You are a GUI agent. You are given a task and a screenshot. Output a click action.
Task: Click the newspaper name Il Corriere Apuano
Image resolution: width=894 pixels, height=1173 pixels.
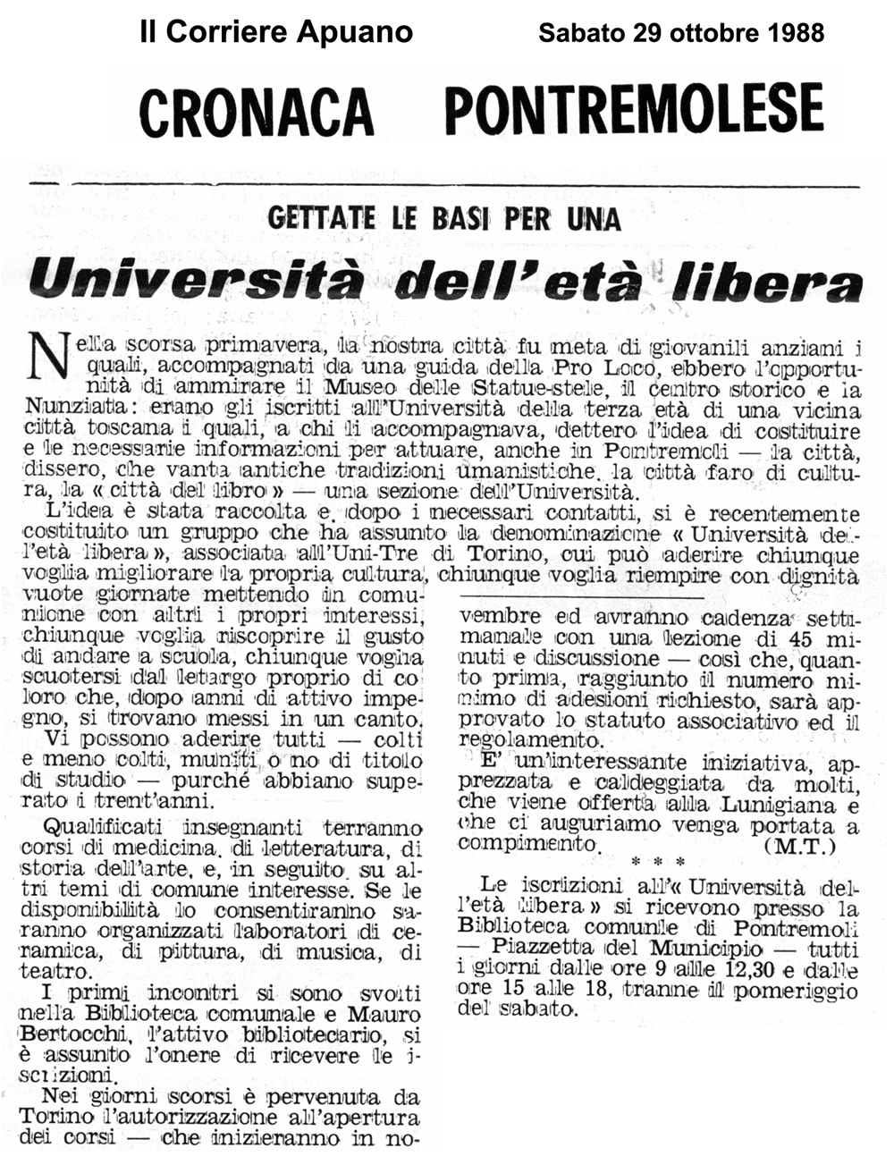(x=276, y=32)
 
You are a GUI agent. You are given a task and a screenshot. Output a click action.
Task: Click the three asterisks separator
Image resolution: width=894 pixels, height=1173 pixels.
(x=657, y=863)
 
